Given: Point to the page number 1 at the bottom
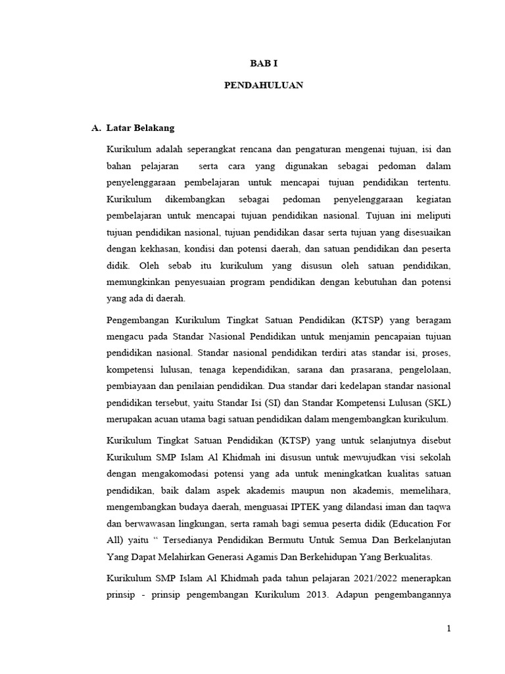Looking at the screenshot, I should coord(448,629).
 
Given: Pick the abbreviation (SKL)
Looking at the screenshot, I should coord(435,402).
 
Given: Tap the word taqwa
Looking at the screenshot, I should coord(436,506).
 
